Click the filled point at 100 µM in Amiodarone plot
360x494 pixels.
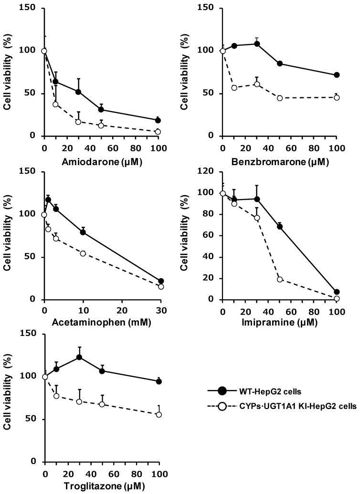pos(158,120)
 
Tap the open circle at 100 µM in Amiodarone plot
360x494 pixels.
pos(158,132)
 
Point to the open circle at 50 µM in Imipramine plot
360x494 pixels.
pos(280,279)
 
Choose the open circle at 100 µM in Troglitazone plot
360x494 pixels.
pos(159,414)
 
